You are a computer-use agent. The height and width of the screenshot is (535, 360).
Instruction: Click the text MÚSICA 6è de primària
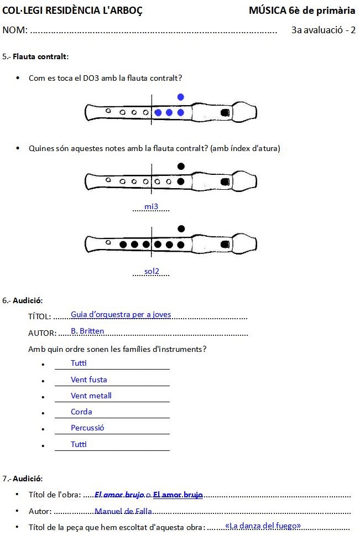pyautogui.click(x=302, y=11)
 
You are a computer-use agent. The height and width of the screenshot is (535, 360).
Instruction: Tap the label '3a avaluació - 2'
pyautogui.click(x=323, y=30)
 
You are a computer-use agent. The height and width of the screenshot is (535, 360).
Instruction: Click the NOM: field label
pyautogui.click(x=15, y=30)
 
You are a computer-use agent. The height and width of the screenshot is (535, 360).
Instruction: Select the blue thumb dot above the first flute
pyautogui.click(x=180, y=97)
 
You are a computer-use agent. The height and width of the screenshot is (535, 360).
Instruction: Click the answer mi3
pyautogui.click(x=151, y=207)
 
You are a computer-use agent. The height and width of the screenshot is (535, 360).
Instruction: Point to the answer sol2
pyautogui.click(x=152, y=271)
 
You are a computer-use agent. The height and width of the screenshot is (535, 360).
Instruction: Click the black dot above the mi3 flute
pyautogui.click(x=180, y=166)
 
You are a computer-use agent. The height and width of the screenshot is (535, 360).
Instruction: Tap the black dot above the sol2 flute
pyautogui.click(x=180, y=228)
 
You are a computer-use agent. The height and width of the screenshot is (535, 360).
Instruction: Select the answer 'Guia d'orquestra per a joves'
pyautogui.click(x=121, y=314)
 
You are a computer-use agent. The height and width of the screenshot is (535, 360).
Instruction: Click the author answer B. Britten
pyautogui.click(x=87, y=331)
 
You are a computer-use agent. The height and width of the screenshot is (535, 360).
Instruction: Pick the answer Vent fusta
pyautogui.click(x=88, y=380)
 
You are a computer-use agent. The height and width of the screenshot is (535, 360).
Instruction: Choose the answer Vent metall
pyautogui.click(x=91, y=396)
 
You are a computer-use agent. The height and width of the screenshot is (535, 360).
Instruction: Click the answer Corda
pyautogui.click(x=81, y=412)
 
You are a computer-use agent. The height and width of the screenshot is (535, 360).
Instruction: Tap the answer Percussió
pyautogui.click(x=87, y=428)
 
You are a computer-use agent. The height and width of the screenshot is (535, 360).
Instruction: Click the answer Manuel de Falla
pyautogui.click(x=123, y=511)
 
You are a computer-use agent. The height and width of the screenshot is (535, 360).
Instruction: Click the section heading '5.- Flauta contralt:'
pyautogui.click(x=35, y=56)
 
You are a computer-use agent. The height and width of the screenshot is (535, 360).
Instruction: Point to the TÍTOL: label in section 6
pyautogui.click(x=39, y=316)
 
